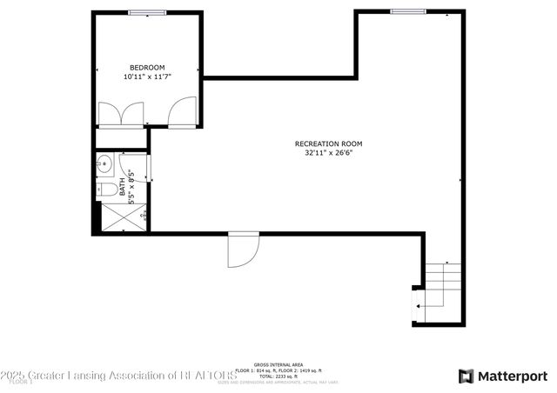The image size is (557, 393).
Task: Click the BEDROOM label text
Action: (147, 68)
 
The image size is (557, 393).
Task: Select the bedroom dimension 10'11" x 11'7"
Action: (147, 77)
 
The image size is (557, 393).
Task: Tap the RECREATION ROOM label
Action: (328, 143)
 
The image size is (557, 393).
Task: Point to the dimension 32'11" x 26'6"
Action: (328, 153)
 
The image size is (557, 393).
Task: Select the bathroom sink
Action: (104, 162)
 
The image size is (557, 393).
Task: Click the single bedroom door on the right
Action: (183, 112)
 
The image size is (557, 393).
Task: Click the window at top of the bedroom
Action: (147, 12)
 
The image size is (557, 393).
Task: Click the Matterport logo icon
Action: (466, 376)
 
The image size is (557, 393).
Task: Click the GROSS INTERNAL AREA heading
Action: (278, 365)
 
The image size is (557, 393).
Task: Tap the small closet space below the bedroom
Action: (120, 138)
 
